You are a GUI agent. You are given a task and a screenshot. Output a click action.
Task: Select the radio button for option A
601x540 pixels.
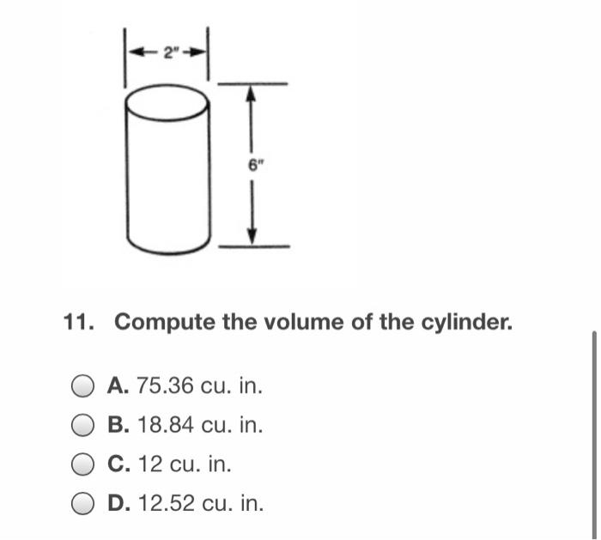pyautogui.click(x=83, y=386)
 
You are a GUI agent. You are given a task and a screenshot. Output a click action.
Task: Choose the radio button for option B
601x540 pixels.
pyautogui.click(x=83, y=425)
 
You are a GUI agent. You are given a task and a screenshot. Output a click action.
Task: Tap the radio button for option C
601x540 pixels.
pyautogui.click(x=83, y=464)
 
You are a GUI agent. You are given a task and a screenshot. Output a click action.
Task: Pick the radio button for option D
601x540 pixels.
pyautogui.click(x=83, y=503)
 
